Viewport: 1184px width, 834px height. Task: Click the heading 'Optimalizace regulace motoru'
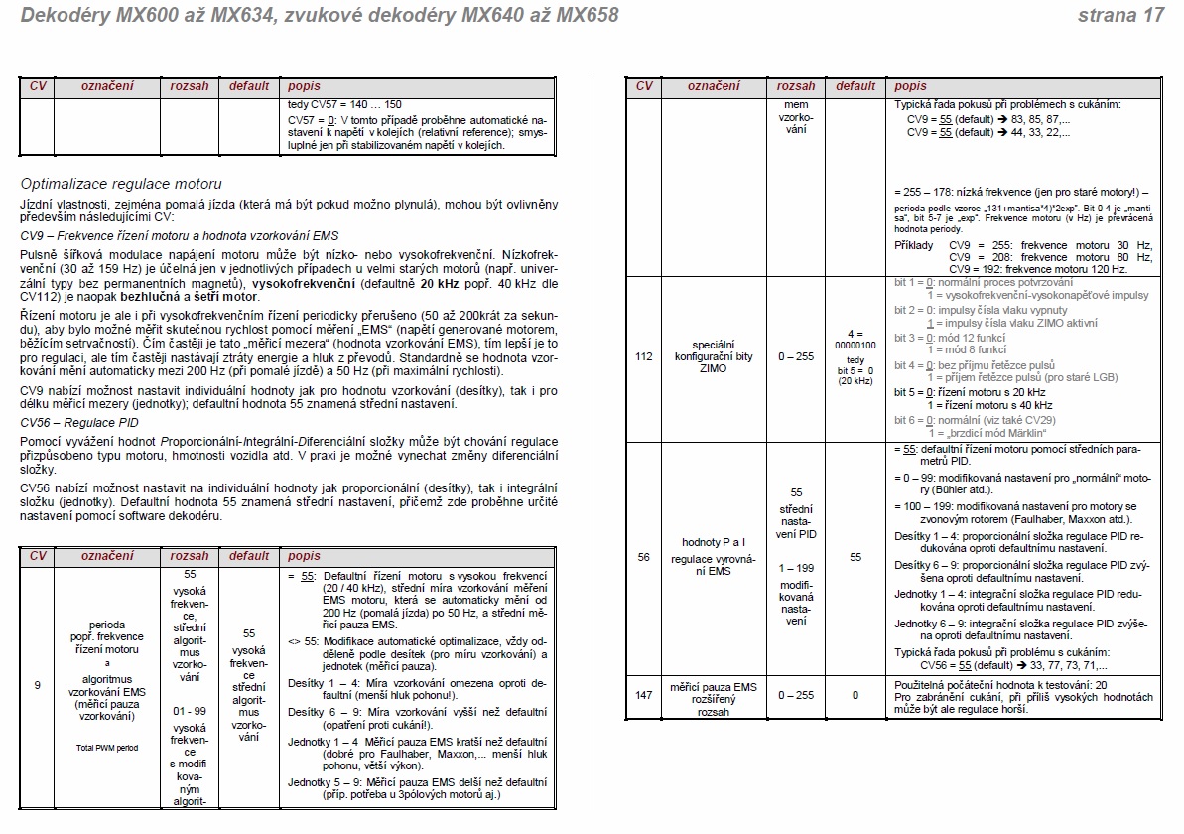(x=121, y=184)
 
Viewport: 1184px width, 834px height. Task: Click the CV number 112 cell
(x=643, y=356)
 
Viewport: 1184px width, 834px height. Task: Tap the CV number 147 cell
(x=643, y=695)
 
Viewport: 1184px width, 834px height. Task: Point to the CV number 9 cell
(x=37, y=684)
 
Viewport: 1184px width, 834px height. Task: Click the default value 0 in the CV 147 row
(x=855, y=695)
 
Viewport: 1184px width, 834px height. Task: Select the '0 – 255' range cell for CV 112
(x=795, y=356)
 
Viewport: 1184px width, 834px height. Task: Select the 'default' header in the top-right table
(x=855, y=86)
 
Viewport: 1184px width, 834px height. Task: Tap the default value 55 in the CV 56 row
(x=855, y=558)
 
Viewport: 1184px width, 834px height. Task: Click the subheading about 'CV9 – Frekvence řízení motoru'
(x=180, y=235)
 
